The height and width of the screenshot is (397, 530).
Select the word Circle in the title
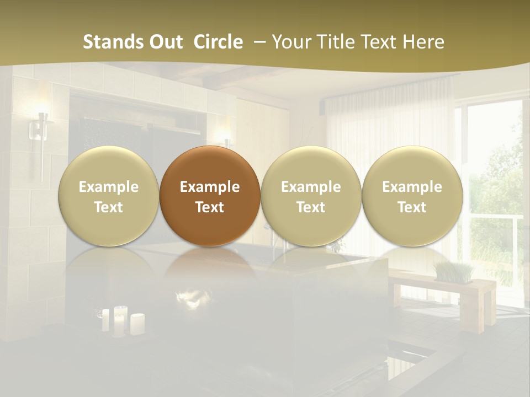coord(218,42)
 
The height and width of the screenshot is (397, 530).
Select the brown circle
coord(210,196)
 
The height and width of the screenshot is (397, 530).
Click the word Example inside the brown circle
coord(210,187)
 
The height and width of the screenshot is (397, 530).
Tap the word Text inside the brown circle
coord(210,207)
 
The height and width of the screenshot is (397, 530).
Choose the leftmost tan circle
coord(108,196)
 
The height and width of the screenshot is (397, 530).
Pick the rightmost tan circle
coord(412,196)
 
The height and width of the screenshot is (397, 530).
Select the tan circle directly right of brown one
coord(311,196)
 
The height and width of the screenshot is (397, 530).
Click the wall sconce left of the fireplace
coord(40,132)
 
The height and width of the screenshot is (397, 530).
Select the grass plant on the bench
coord(454,271)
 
